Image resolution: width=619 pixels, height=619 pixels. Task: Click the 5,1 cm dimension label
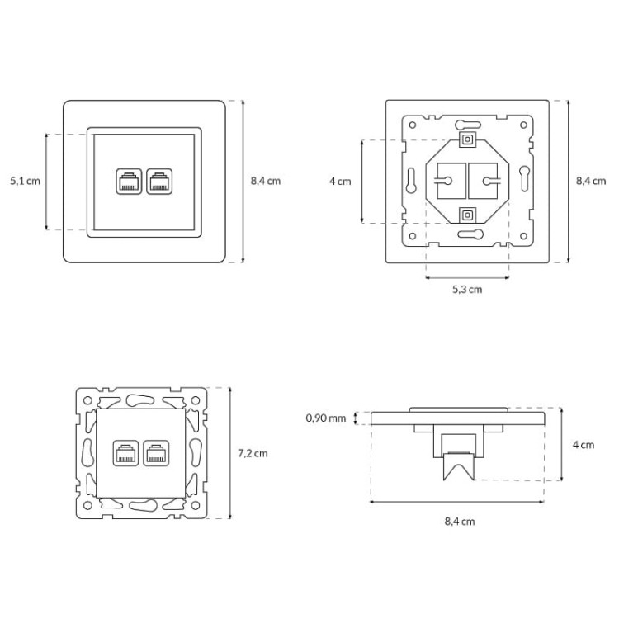coord(26,182)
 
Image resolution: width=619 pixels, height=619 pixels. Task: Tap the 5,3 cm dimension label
coord(467,290)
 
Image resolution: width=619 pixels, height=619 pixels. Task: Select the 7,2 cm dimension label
coord(253,453)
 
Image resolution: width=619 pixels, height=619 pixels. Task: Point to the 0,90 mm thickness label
coord(326,418)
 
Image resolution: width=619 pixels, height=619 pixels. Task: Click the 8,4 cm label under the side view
coord(460,522)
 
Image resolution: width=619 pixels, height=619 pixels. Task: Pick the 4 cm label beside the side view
coord(584,445)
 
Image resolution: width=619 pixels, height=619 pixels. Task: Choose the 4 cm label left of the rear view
coord(340,182)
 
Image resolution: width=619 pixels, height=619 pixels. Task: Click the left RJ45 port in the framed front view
coord(129,182)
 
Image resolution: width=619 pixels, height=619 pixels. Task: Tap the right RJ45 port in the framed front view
coord(159,182)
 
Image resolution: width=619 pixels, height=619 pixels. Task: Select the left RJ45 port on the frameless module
coord(125,453)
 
